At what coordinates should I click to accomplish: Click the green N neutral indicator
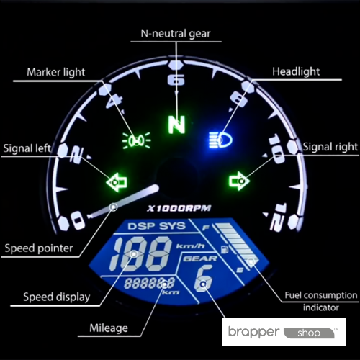click(x=176, y=125)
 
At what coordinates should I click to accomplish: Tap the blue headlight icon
click(x=220, y=140)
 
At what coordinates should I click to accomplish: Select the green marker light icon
click(x=136, y=140)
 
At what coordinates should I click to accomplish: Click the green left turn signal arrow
click(x=117, y=182)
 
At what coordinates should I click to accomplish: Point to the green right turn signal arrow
click(x=240, y=181)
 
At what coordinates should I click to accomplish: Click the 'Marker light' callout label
click(x=56, y=72)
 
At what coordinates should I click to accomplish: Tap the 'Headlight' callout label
click(x=296, y=71)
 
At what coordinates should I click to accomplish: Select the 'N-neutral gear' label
click(x=176, y=34)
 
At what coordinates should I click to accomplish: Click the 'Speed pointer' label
click(x=39, y=248)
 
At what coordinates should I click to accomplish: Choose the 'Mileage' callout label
click(x=109, y=328)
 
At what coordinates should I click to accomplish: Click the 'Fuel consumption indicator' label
click(x=321, y=302)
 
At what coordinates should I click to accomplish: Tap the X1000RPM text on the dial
click(x=179, y=208)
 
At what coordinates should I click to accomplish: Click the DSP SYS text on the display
click(x=157, y=226)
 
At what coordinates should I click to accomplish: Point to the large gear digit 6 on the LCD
click(x=204, y=278)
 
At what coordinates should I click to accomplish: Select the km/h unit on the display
click(x=191, y=246)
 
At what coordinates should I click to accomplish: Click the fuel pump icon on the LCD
click(x=225, y=249)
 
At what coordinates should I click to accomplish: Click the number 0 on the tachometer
click(x=78, y=220)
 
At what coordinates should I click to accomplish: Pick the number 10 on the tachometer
click(x=276, y=149)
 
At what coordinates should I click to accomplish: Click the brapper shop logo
click(x=284, y=332)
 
